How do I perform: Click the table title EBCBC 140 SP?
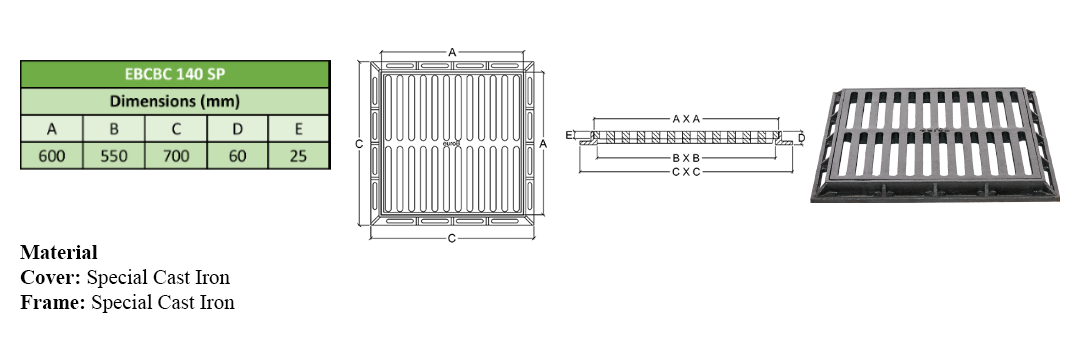click(175, 74)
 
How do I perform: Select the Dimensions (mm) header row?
click(175, 101)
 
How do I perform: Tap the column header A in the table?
click(52, 129)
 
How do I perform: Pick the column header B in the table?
click(114, 129)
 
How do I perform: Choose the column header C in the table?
click(176, 129)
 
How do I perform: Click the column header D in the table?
click(237, 129)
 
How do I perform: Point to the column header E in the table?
click(298, 129)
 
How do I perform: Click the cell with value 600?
click(52, 156)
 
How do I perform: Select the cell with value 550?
click(114, 156)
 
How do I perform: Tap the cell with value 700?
click(176, 156)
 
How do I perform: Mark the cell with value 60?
click(237, 156)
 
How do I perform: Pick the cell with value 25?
click(298, 156)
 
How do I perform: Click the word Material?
click(59, 252)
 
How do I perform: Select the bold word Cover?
click(51, 277)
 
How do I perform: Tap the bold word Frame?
click(53, 302)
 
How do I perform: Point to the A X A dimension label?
click(686, 119)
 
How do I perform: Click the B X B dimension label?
click(686, 158)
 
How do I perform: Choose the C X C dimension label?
click(686, 171)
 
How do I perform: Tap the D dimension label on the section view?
click(801, 138)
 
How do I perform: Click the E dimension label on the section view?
click(568, 135)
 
